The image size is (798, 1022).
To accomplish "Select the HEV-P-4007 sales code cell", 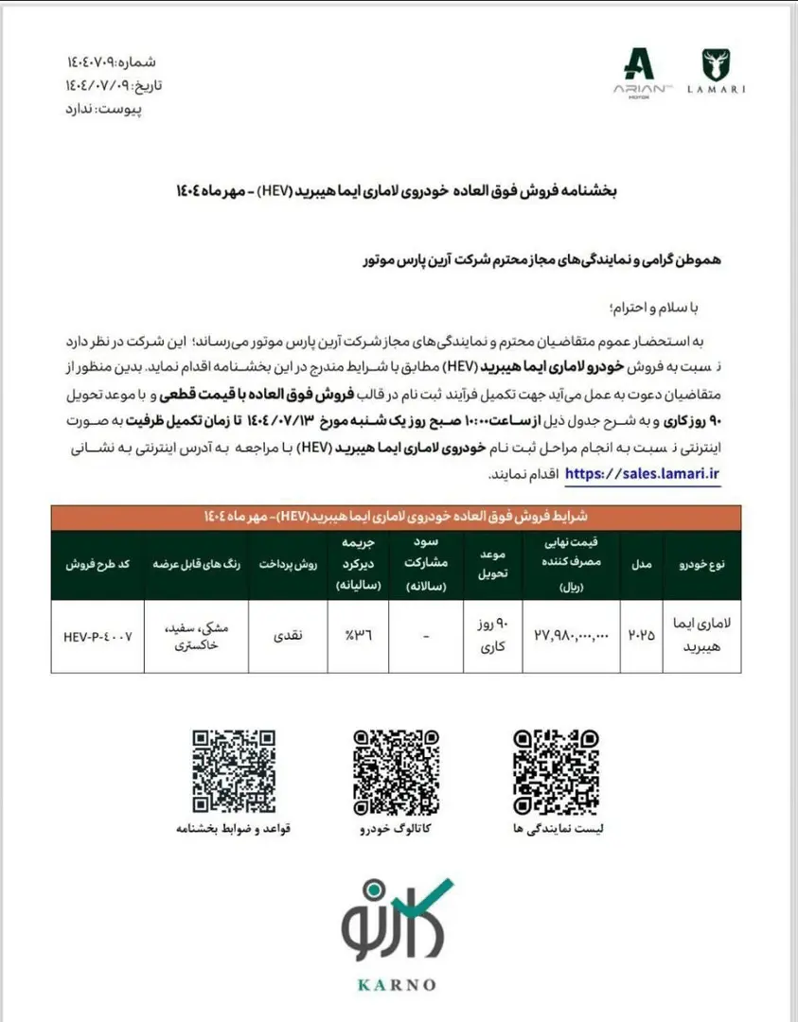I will pyautogui.click(x=98, y=637).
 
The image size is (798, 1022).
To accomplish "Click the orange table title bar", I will pyautogui.click(x=397, y=517).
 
